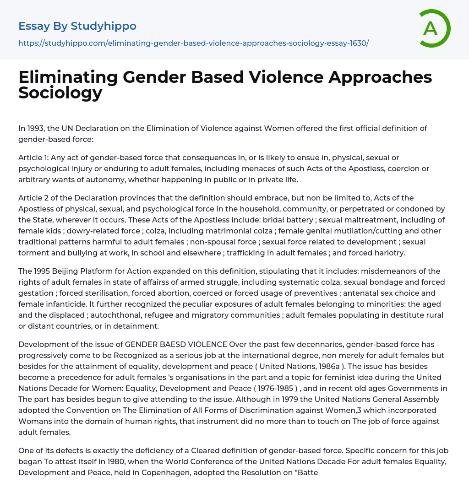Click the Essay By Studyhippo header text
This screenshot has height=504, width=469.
tap(77, 26)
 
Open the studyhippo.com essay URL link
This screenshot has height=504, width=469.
tap(193, 43)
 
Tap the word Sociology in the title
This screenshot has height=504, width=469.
tap(60, 93)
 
